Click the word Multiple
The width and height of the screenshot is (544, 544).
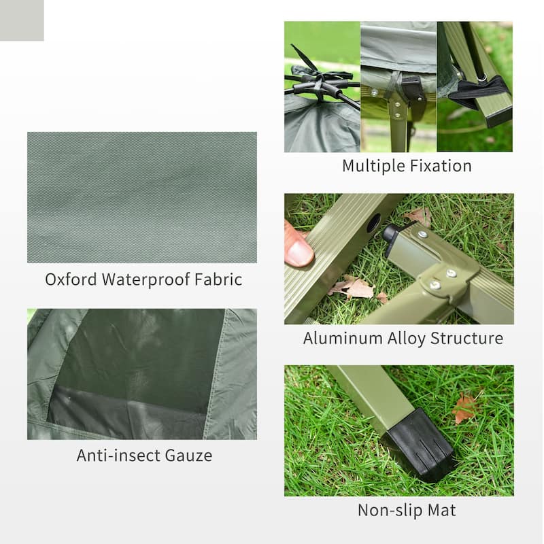pos(373,166)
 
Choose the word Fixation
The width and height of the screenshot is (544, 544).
pos(440,166)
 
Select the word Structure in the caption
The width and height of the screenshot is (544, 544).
pos(470,338)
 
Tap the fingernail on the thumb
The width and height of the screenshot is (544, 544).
pos(299,253)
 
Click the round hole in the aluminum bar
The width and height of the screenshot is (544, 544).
pos(373,222)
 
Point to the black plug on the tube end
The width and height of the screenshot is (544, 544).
pos(390,234)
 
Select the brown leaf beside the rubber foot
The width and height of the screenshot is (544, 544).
pos(465,407)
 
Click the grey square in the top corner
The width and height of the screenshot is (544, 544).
pos(22,20)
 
